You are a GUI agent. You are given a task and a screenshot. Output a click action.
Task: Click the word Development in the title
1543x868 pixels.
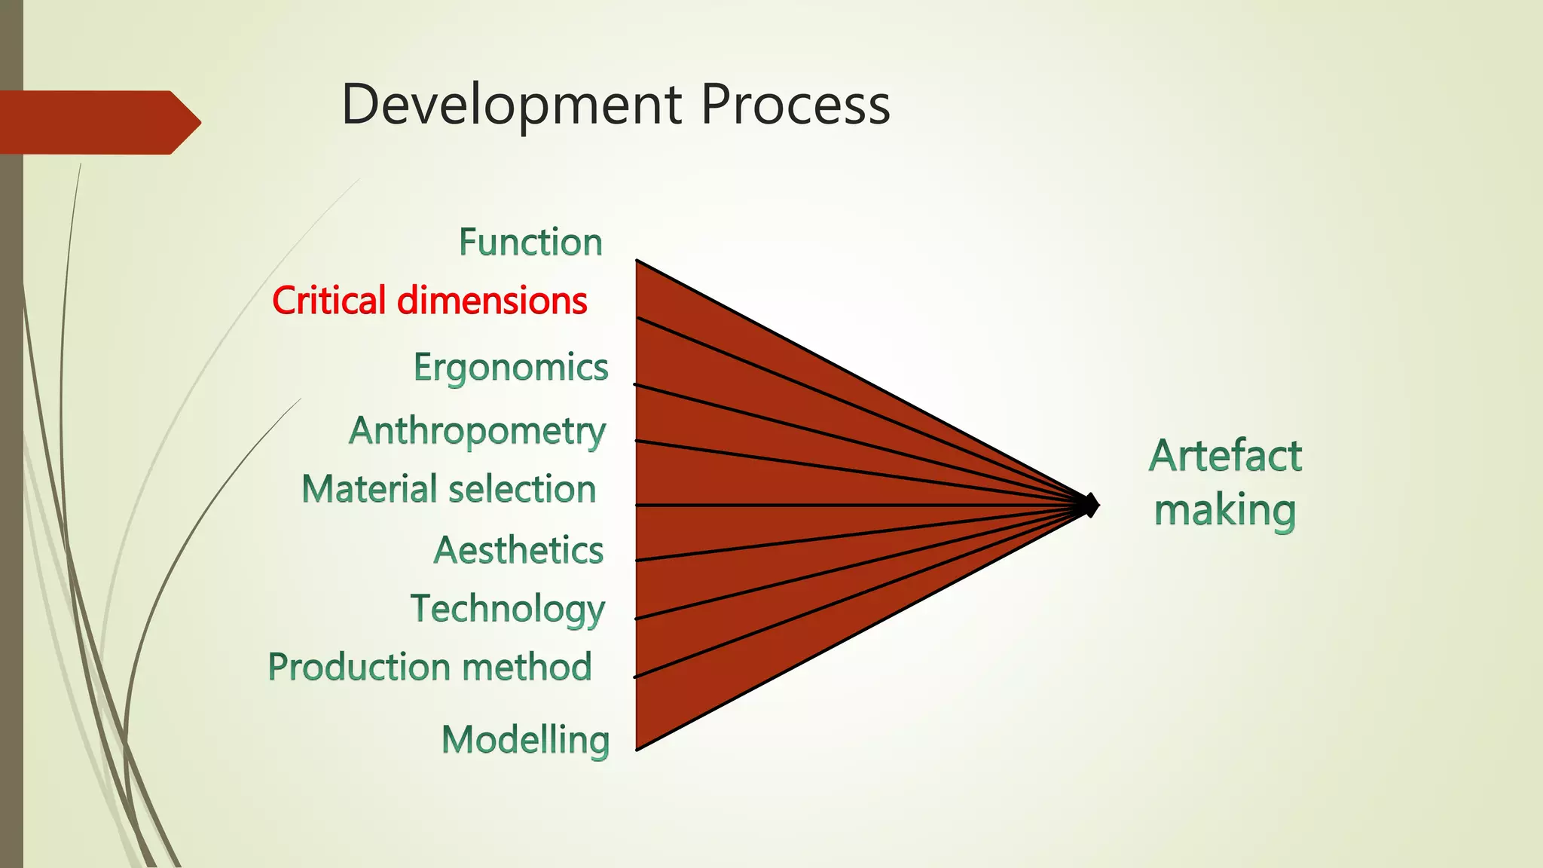(x=512, y=105)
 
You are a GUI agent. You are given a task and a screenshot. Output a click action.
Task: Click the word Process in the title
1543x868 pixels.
(x=796, y=104)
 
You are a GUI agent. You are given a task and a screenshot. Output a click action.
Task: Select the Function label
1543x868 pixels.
(x=530, y=243)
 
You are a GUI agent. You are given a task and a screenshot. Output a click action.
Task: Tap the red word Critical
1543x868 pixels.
(x=329, y=301)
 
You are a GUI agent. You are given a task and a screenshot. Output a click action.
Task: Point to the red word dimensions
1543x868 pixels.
(x=492, y=301)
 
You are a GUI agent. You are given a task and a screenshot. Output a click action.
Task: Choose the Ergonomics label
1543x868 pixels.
(x=511, y=368)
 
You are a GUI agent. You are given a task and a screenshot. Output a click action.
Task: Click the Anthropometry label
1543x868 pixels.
(x=477, y=432)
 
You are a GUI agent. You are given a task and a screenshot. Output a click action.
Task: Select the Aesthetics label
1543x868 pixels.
(x=518, y=550)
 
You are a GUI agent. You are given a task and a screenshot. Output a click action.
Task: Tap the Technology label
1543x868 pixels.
(x=508, y=609)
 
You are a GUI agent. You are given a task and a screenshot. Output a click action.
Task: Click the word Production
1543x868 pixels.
(x=359, y=667)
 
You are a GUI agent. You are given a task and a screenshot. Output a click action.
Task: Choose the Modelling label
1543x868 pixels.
(x=525, y=740)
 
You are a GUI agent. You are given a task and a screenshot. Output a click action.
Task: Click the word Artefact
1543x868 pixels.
(x=1225, y=456)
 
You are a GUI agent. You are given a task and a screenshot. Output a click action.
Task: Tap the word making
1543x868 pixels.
(x=1225, y=511)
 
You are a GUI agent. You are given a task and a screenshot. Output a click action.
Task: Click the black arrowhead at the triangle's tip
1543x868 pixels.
(x=1091, y=505)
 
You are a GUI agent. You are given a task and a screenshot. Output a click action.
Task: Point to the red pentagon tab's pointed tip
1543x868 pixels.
(x=200, y=122)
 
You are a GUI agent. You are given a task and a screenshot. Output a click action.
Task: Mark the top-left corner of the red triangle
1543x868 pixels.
(x=637, y=261)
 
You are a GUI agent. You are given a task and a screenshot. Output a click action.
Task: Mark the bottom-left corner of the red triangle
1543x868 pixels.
(x=637, y=749)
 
